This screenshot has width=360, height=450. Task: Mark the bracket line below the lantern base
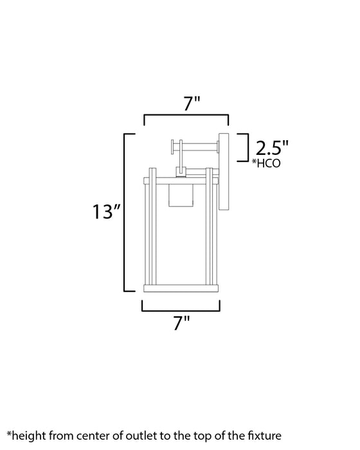pos(181,309)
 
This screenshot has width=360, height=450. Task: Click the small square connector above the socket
pos(182,172)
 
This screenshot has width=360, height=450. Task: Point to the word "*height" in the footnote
pos(26,436)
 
